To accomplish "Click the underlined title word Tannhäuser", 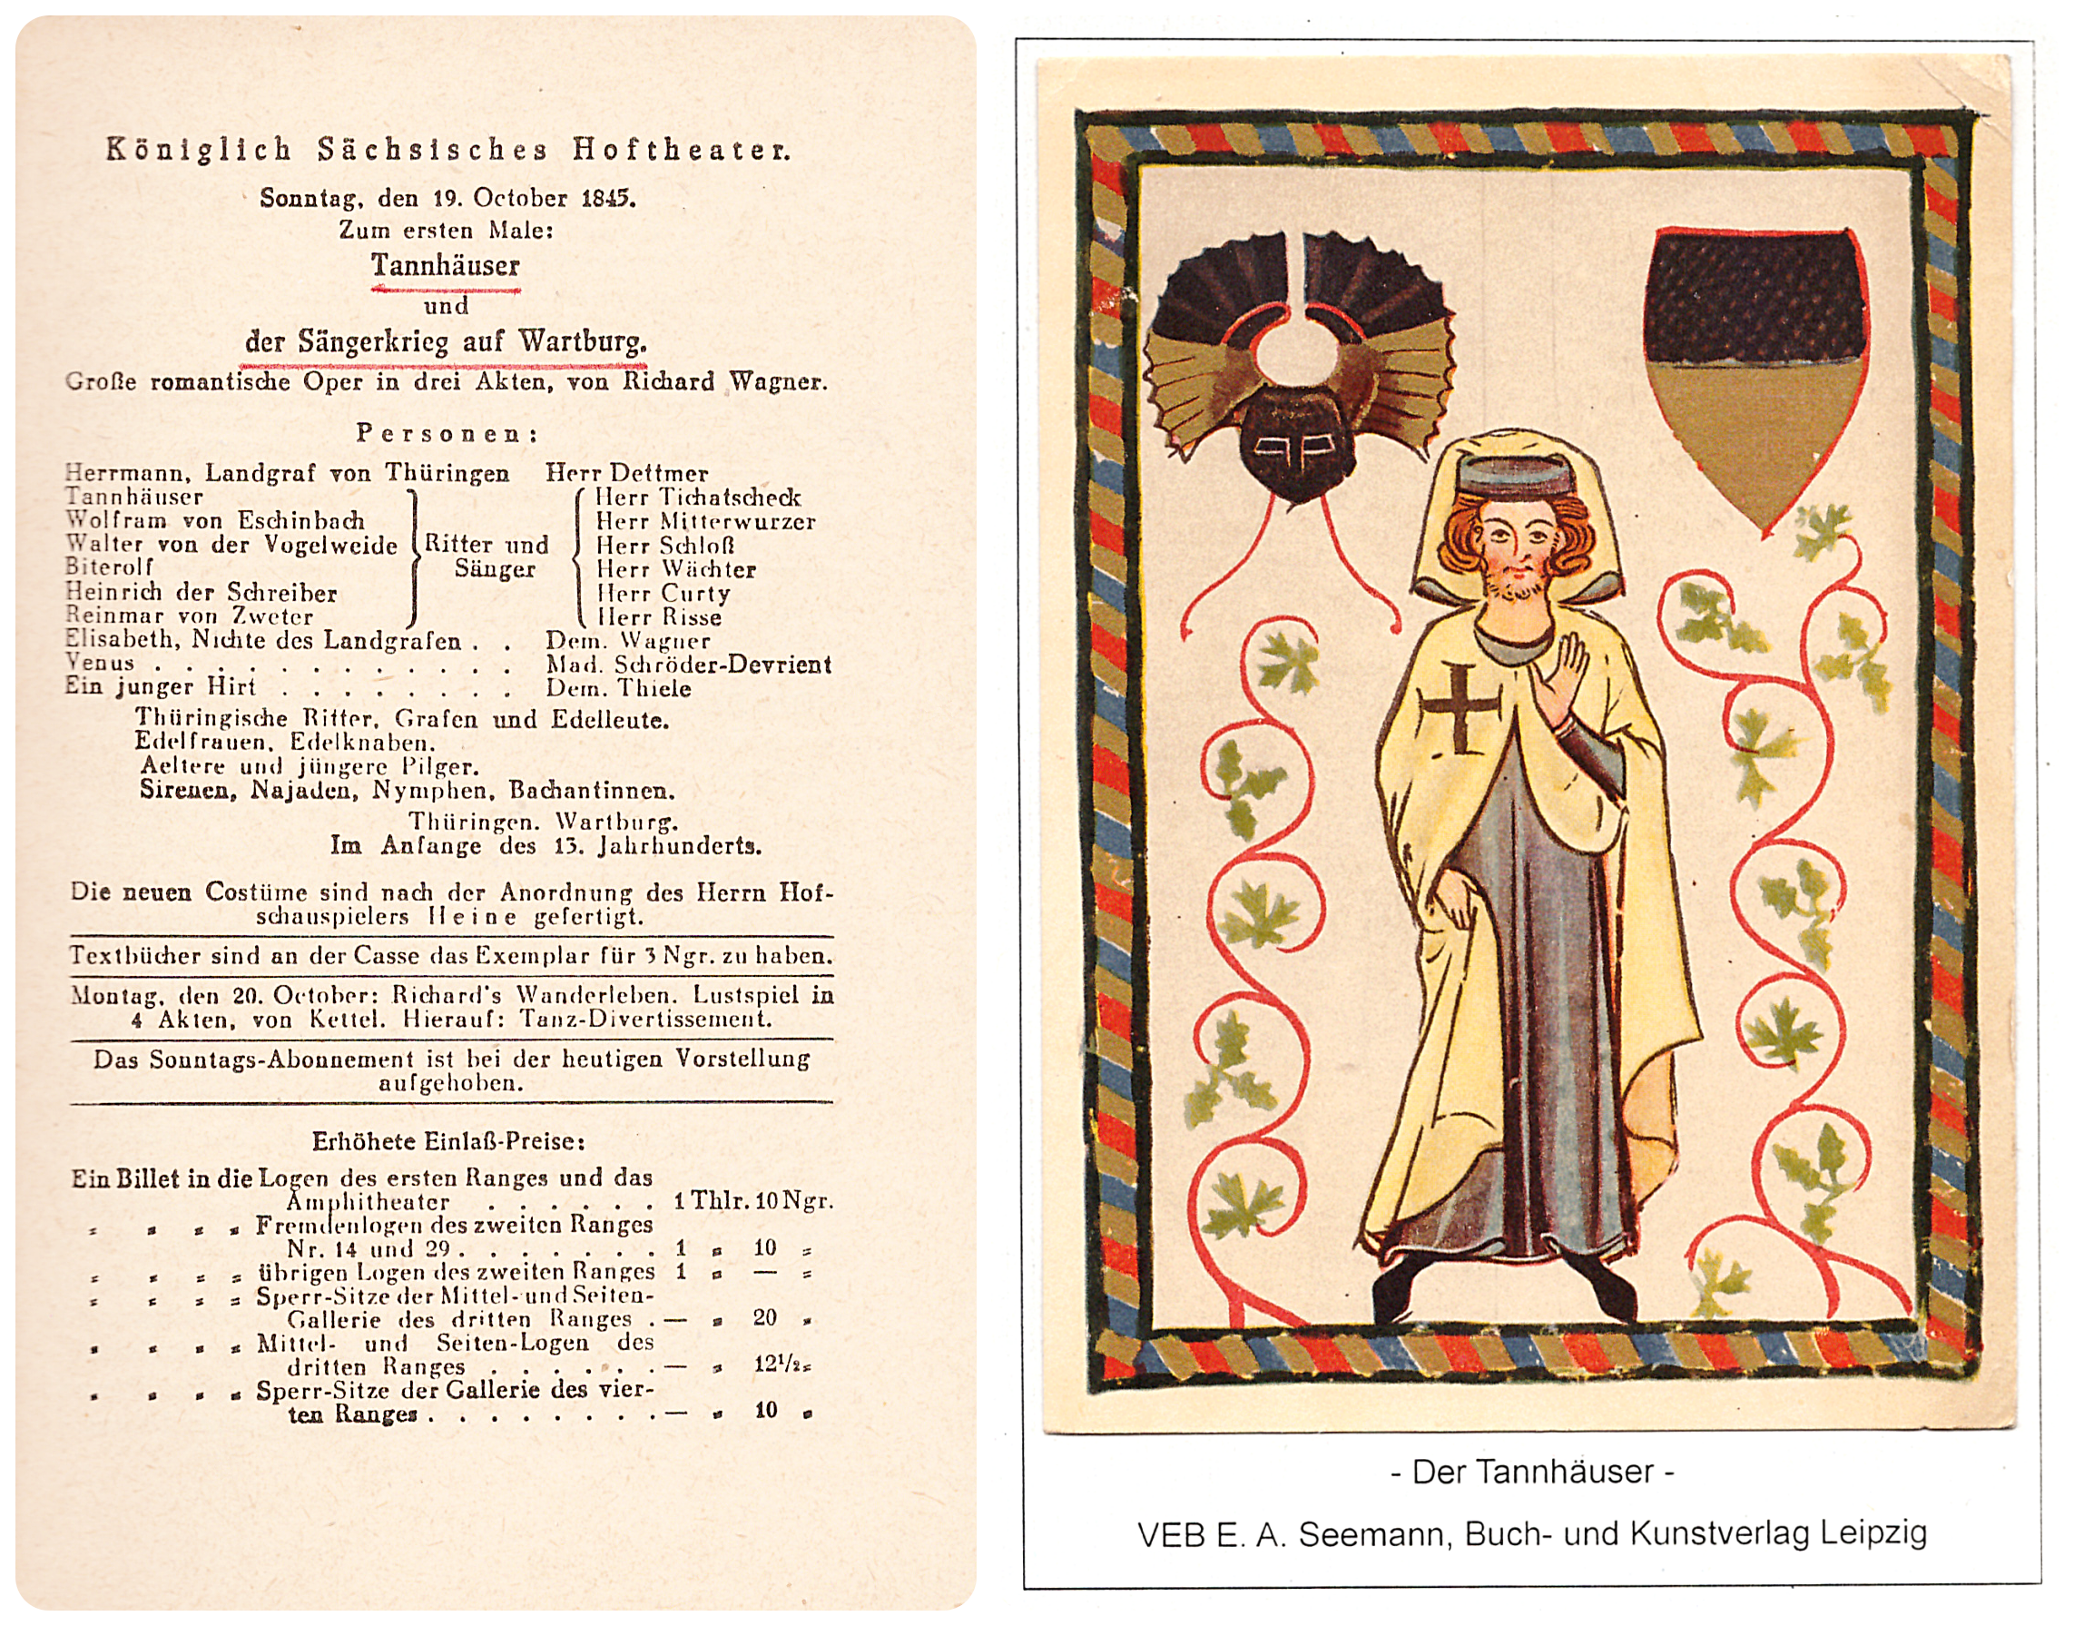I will click(446, 266).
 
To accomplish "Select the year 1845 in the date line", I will click(606, 198).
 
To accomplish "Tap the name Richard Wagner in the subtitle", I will click(724, 381).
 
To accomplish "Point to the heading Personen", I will click(447, 433).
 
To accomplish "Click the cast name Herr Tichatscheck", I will click(698, 497).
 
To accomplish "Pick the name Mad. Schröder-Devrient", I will click(688, 665).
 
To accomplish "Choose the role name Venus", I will click(100, 663).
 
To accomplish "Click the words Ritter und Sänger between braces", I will click(487, 557).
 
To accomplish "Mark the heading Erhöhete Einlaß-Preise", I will click(448, 1140).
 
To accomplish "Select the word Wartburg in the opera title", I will click(582, 340).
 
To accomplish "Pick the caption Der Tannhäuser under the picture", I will click(1532, 1472).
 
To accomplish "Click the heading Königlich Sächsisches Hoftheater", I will click(447, 151).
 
